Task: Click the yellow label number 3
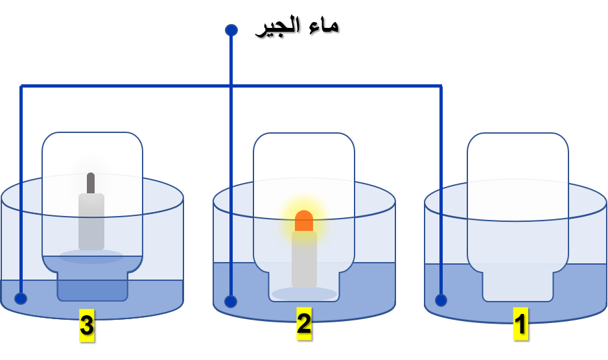[x=86, y=326]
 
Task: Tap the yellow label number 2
[x=303, y=323]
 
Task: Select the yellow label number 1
[x=520, y=324]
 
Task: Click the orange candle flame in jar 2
[x=304, y=221]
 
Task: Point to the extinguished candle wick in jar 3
[x=91, y=183]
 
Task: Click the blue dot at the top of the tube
[x=231, y=30]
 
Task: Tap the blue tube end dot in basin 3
[x=21, y=298]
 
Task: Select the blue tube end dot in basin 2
[x=231, y=301]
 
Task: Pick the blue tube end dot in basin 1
[x=441, y=300]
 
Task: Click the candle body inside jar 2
[x=304, y=259]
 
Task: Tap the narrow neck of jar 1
[x=518, y=286]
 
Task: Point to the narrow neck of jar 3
[x=92, y=285]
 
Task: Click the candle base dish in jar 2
[x=304, y=294]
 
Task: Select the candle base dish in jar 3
[x=91, y=256]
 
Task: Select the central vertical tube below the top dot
[x=231, y=162]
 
